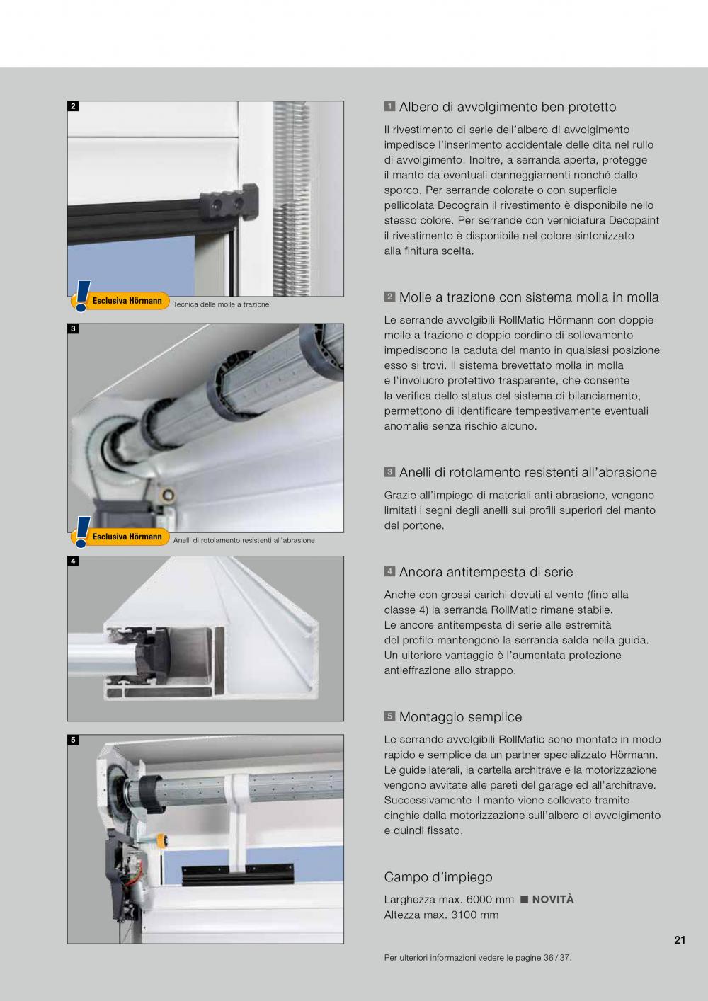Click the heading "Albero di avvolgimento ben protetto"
coord(508,107)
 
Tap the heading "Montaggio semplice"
coord(460,717)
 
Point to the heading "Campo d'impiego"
coord(438,877)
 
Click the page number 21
coord(680,940)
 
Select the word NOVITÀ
coord(553,899)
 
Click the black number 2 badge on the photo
coord(74,106)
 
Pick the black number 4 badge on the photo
coord(74,561)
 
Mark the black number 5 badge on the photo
coord(74,740)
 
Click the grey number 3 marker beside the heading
coord(389,472)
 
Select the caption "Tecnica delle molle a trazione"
coord(221,304)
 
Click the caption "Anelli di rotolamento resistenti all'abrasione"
coord(244,540)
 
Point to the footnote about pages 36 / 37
coord(478,958)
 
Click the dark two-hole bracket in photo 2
coord(229,203)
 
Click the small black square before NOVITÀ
coord(525,900)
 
